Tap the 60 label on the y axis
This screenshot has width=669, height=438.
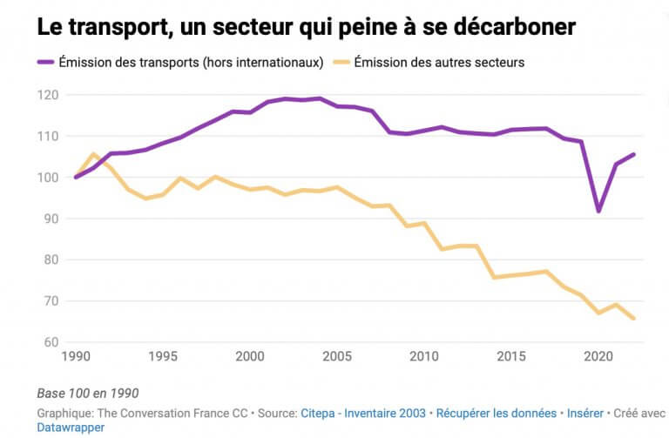click(x=51, y=342)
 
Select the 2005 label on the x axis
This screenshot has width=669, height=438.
click(x=337, y=357)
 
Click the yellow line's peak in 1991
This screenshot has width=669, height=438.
click(x=93, y=154)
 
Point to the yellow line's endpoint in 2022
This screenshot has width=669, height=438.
click(x=633, y=319)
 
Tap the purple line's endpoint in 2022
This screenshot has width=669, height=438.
click(x=633, y=154)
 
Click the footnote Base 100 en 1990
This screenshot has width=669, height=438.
click(x=88, y=393)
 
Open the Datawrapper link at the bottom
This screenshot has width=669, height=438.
click(x=71, y=428)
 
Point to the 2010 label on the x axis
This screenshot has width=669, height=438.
click(x=424, y=357)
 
